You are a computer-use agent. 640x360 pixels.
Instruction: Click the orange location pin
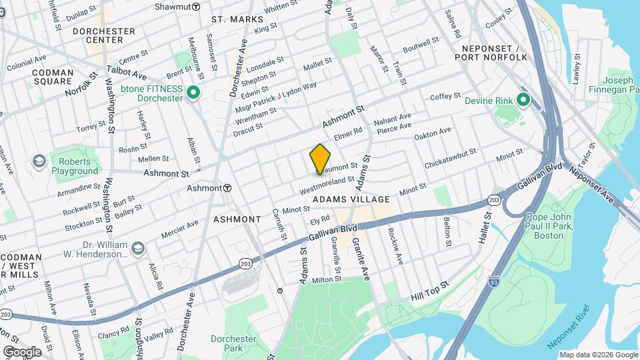[321, 159]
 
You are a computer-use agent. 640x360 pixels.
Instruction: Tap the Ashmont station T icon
[227, 188]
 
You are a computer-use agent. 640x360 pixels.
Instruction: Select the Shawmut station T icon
[196, 6]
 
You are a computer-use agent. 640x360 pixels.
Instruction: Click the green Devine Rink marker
[523, 101]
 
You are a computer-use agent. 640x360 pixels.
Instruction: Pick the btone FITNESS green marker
[194, 93]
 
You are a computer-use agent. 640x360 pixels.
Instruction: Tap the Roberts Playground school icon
[39, 162]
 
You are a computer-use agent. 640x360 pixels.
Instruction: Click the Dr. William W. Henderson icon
[137, 249]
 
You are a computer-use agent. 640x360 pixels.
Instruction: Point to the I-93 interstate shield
[493, 281]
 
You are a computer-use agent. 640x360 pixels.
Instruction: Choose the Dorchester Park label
[233, 343]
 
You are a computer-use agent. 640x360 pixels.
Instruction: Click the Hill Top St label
[431, 290]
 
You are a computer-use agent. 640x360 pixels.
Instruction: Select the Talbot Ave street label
[126, 73]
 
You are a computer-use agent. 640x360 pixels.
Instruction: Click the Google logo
[22, 351]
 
